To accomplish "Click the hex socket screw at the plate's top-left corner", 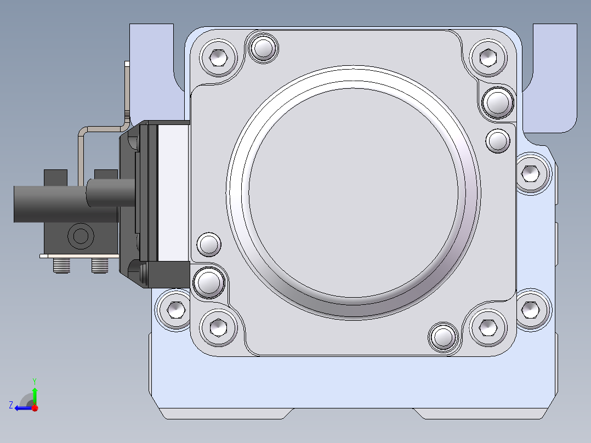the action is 218,58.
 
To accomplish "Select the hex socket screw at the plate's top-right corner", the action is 488,58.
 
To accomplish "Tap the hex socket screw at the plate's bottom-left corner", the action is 218,327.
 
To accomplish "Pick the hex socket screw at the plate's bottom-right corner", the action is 488,327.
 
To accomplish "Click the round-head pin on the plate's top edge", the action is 263,48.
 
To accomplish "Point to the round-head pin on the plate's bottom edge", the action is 443,337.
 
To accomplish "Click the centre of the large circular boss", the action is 353,192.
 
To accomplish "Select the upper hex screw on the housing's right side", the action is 531,173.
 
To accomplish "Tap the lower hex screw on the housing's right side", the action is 531,310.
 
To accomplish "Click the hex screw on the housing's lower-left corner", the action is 175,310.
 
